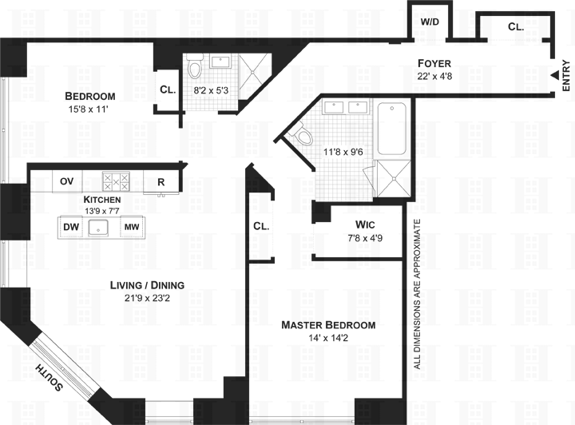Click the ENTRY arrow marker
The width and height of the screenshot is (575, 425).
[553, 76]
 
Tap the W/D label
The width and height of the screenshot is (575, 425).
[429, 22]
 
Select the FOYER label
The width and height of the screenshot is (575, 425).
[435, 63]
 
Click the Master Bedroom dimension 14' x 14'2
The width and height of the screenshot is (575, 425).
[327, 339]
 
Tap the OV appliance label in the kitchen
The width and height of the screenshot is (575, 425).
[67, 181]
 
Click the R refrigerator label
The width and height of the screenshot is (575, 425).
[161, 182]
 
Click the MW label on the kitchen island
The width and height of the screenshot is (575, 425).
[131, 228]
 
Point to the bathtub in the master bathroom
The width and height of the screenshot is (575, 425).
[393, 128]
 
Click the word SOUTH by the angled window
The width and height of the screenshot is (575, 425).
[50, 378]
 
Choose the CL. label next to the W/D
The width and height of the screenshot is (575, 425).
[516, 26]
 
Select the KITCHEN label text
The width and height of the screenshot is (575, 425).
[102, 200]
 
